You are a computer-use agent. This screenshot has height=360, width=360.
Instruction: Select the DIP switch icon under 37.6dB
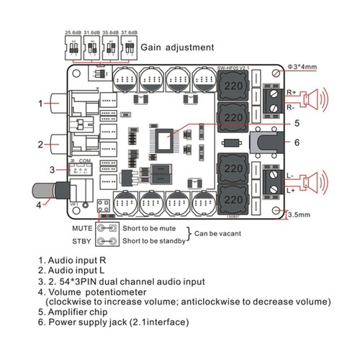coord(128,48)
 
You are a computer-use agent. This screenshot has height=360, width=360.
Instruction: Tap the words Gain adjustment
coord(177,48)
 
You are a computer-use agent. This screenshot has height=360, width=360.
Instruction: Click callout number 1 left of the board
coord(22,103)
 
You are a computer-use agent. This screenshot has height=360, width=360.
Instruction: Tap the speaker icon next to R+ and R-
coord(315,99)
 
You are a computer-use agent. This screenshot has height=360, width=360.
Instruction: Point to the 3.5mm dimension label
coord(300,215)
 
